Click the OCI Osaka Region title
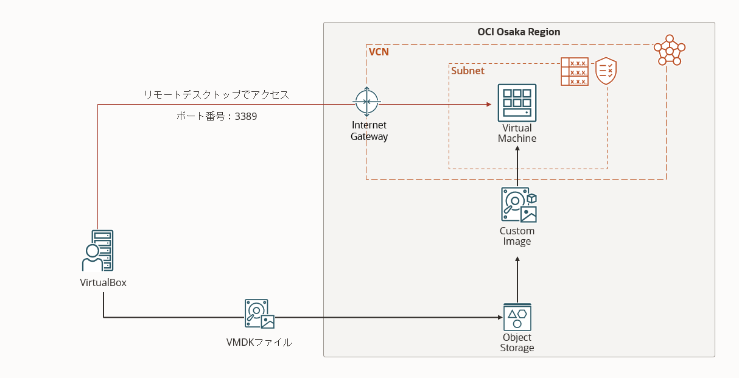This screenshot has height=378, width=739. click(x=519, y=32)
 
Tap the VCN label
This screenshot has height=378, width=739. click(x=379, y=52)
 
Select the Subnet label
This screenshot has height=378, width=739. click(x=468, y=71)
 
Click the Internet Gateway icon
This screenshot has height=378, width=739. click(x=366, y=103)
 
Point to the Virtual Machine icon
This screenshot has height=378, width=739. click(x=517, y=103)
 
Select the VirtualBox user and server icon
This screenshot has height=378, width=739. click(x=97, y=250)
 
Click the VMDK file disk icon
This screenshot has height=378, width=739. click(x=259, y=314)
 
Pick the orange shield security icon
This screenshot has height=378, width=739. click(x=605, y=71)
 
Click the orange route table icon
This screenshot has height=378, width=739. click(x=574, y=72)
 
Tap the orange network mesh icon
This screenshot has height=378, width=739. click(x=669, y=50)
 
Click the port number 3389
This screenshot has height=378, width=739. click(x=246, y=116)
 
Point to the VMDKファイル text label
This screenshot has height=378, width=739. click(x=259, y=343)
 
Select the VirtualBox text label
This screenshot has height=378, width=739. click(x=103, y=282)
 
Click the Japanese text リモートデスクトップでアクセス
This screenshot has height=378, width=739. click(x=216, y=95)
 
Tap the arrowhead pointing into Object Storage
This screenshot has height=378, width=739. click(x=497, y=317)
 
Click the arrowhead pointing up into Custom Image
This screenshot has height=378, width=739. click(x=517, y=260)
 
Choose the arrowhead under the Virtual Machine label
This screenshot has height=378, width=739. click(x=517, y=150)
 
